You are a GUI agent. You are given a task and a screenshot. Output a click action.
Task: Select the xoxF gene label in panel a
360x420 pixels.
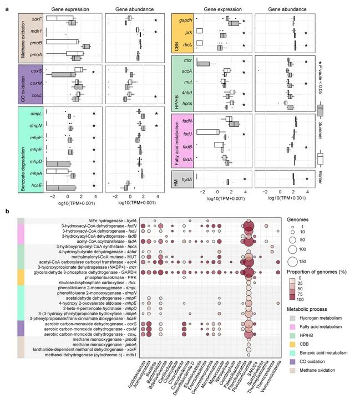click(37, 19)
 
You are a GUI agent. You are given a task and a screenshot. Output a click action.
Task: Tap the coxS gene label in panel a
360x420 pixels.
click(38, 70)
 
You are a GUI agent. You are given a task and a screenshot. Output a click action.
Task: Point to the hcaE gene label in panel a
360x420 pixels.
click(37, 186)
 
